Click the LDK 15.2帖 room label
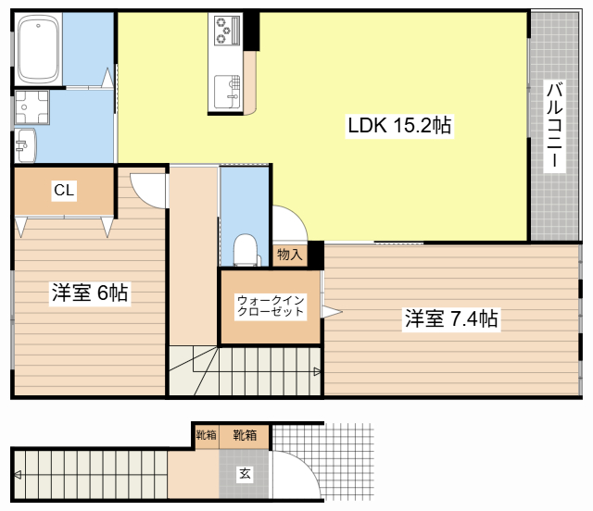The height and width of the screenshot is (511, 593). (399, 125)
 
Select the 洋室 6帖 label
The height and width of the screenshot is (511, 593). (90, 293)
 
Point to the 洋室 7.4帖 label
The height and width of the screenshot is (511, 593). (451, 318)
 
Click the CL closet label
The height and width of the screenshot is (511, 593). (64, 190)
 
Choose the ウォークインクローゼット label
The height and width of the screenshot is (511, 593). (271, 305)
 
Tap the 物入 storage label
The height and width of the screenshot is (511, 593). (290, 255)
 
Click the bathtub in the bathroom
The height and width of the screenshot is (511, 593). (38, 49)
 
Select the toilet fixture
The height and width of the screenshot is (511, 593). (246, 250)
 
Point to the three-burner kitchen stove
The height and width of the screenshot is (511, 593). (227, 30)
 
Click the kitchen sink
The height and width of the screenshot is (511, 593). (227, 92)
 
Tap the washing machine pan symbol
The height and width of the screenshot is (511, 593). (32, 107)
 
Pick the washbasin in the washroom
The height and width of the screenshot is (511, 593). (25, 145)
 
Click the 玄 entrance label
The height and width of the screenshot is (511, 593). (245, 473)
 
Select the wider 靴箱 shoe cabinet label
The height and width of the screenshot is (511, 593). (245, 435)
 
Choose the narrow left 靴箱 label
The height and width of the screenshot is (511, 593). (206, 435)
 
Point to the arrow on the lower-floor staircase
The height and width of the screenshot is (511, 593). (18, 475)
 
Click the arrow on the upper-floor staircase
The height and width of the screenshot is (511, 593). (318, 372)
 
